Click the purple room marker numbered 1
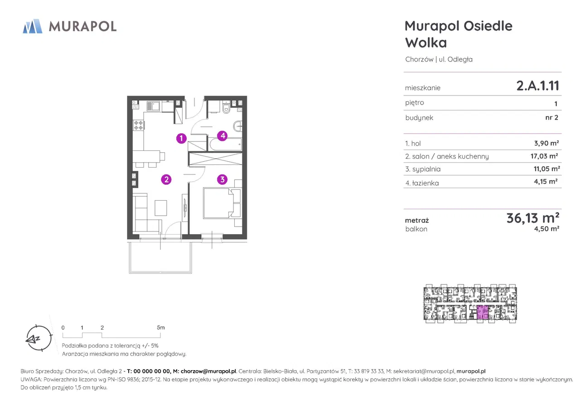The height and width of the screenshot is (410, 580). click(181, 138)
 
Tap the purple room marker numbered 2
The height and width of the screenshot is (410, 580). click(166, 179)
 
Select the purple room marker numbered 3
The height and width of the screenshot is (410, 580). click(222, 179)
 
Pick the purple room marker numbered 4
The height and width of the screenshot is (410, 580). click(222, 136)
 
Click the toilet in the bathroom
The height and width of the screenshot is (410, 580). click(226, 108)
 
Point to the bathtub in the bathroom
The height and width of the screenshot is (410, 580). click(226, 145)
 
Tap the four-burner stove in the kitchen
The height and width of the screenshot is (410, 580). click(139, 125)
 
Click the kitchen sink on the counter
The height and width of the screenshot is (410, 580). click(153, 106)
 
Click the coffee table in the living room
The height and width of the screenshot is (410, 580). click(161, 208)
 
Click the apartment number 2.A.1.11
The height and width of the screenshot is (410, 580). click(538, 86)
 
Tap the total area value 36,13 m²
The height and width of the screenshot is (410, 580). click(533, 218)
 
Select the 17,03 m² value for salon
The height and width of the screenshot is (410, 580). click(544, 156)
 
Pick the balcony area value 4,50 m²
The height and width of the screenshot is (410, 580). click(546, 229)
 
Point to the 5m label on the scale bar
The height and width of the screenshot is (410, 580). click(160, 328)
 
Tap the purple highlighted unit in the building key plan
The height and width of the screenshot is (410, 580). click(483, 313)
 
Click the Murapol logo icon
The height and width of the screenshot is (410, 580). click(32, 26)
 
